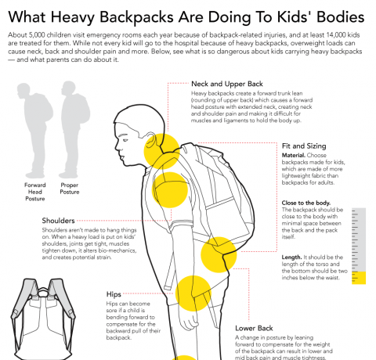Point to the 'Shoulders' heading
[60, 221]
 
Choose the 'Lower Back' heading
[256, 328]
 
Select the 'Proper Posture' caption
[70, 189]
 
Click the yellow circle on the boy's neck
[161, 148]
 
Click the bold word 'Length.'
[292, 257]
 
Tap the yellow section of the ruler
[360, 278]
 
